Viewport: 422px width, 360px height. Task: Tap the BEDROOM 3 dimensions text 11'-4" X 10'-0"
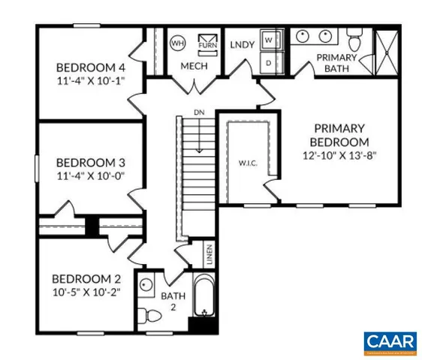90,175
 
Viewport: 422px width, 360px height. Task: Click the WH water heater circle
179,43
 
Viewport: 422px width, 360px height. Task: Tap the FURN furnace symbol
206,42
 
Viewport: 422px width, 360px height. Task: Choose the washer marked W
270,40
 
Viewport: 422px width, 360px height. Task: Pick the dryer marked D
270,62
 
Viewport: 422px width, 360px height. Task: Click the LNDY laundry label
242,44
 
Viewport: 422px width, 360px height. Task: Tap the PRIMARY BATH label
337,63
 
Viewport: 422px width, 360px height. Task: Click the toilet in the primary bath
354,37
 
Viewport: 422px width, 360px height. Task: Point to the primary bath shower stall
388,50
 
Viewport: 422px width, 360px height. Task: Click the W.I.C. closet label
249,162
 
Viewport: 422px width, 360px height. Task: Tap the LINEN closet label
209,256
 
